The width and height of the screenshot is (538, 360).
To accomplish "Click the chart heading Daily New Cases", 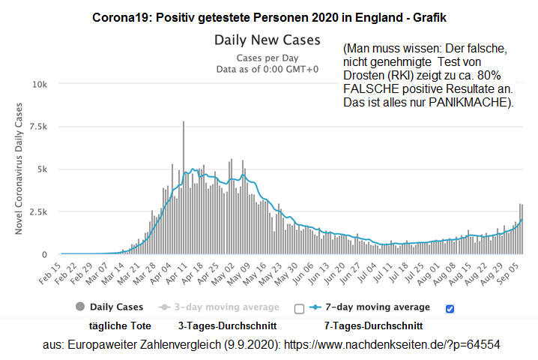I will [267, 40].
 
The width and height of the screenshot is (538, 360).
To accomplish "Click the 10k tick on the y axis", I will [38, 84].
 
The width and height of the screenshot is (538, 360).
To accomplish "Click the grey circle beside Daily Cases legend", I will [79, 307].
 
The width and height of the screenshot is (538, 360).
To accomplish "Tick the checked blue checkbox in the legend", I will [450, 308].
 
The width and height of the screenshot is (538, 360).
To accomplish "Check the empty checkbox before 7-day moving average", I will [299, 308].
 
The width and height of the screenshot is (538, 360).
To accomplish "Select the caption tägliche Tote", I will [120, 325].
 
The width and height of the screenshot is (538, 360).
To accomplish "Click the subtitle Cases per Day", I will [267, 57].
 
